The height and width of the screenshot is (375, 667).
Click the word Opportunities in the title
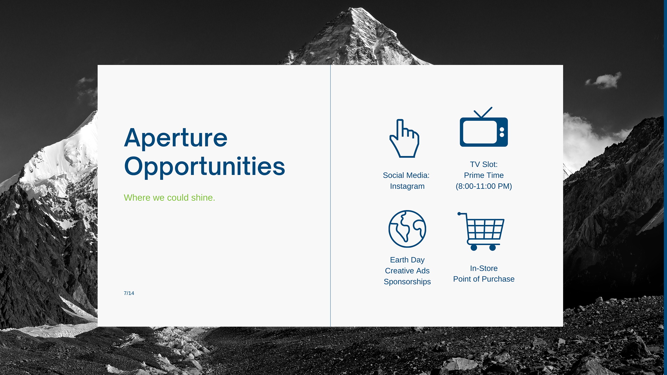(205, 167)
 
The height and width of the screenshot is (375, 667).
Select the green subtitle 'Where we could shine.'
(170, 198)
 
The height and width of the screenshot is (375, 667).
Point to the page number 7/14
(129, 293)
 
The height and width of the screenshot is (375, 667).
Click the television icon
(484, 127)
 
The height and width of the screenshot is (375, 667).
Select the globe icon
(407, 229)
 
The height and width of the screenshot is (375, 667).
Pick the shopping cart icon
(481, 231)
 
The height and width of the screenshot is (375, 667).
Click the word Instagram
(407, 186)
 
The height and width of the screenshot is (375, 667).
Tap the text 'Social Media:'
(406, 175)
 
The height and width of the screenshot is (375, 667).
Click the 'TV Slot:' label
(484, 165)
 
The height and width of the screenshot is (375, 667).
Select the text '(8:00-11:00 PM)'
(484, 186)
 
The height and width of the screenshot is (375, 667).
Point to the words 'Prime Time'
(484, 175)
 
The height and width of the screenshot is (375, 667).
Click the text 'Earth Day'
(407, 260)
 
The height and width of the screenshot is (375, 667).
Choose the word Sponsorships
(407, 282)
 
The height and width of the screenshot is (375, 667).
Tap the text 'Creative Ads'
(407, 271)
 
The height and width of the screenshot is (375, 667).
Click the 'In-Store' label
(484, 268)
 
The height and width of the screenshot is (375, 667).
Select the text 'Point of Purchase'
(484, 279)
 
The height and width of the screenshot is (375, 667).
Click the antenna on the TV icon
(483, 113)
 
